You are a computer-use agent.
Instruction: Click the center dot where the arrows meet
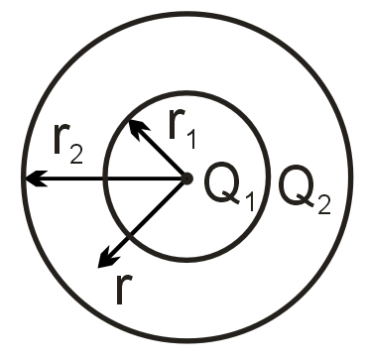tap(185, 179)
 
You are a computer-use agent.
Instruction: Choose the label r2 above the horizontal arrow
tap(66, 149)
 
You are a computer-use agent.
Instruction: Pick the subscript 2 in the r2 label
tap(79, 159)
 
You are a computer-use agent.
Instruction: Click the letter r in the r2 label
tap(58, 146)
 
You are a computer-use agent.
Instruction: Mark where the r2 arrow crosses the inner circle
tap(105, 180)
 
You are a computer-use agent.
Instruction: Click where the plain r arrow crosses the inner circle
tap(129, 235)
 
